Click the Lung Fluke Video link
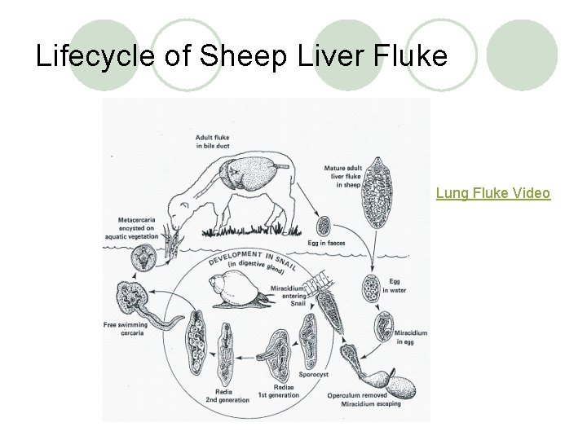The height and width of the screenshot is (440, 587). coord(492,193)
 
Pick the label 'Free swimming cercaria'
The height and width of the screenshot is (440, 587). coord(126,328)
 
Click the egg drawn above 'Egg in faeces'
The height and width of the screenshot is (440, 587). coord(323,225)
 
